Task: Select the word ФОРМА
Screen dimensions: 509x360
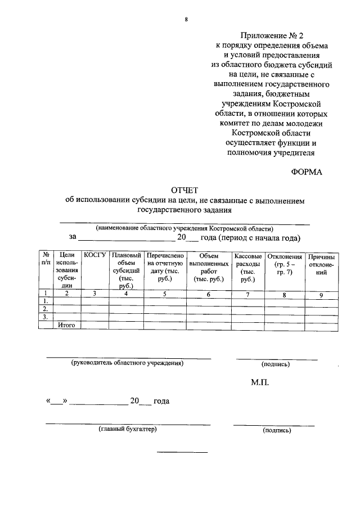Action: click(x=307, y=173)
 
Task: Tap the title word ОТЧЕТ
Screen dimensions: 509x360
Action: click(x=185, y=191)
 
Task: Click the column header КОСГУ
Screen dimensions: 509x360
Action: click(x=94, y=256)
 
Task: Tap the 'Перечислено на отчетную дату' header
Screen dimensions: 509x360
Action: click(x=165, y=267)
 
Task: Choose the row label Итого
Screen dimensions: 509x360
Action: click(x=67, y=325)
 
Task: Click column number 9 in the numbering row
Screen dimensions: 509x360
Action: click(x=322, y=294)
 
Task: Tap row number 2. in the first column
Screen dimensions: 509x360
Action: click(x=46, y=309)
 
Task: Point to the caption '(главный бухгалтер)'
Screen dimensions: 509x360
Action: click(x=128, y=430)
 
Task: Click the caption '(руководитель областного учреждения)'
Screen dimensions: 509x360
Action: click(x=127, y=363)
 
